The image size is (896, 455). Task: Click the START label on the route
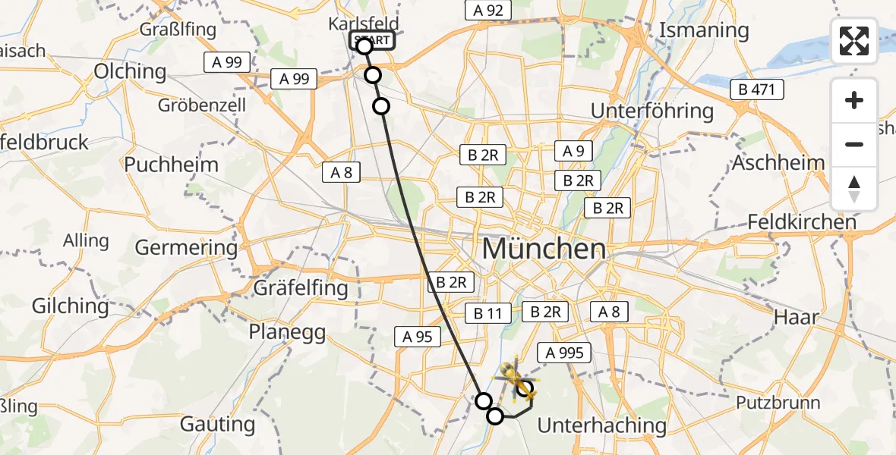[372, 40]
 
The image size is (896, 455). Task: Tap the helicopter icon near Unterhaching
[516, 378]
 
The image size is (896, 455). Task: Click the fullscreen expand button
[854, 41]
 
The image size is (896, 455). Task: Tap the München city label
[544, 249]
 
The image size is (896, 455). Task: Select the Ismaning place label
[704, 31]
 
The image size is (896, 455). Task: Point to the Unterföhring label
[652, 111]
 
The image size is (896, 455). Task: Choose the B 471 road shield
[756, 90]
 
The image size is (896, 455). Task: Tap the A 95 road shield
[418, 337]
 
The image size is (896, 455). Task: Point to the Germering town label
[186, 247]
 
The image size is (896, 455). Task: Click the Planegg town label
[287, 332]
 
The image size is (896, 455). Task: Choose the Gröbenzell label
[202, 105]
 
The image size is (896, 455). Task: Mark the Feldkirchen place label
[802, 222]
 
